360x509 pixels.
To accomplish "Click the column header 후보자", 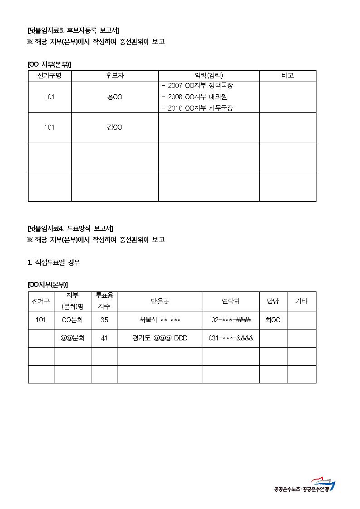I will point(115,76).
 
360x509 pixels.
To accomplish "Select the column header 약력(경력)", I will point(209,76).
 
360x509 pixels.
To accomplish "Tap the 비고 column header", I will point(287,76).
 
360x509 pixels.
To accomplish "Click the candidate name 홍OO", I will point(115,97).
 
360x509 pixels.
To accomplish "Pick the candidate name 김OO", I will point(115,127).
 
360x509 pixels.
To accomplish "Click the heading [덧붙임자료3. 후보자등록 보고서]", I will point(73,30).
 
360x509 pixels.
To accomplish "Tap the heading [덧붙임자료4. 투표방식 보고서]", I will point(70,228).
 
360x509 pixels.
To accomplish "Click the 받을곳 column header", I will point(160,301).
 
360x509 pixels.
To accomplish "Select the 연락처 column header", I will point(231,301).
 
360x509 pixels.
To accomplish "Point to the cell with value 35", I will point(104,320).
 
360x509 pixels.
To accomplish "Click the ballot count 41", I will point(104,338).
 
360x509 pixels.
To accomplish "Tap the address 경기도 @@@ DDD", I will point(160,338).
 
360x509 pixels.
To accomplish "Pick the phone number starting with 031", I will point(231,338).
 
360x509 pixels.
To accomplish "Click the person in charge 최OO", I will point(273,320).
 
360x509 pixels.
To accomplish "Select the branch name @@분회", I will point(73,338).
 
